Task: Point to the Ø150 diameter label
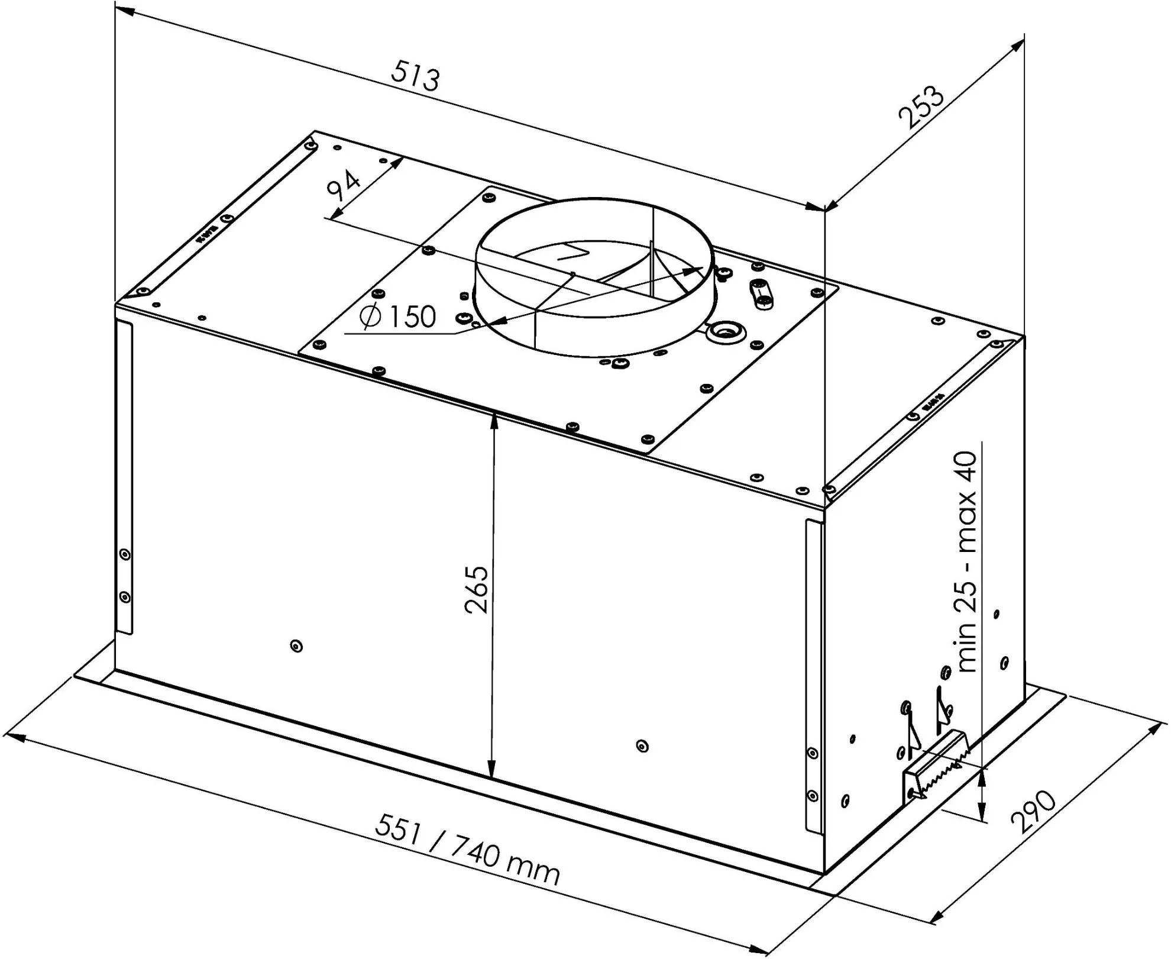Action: (398, 317)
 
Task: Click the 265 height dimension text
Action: (476, 590)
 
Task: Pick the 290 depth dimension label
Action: (1034, 812)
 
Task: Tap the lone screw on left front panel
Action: (297, 646)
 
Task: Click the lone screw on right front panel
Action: (643, 746)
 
